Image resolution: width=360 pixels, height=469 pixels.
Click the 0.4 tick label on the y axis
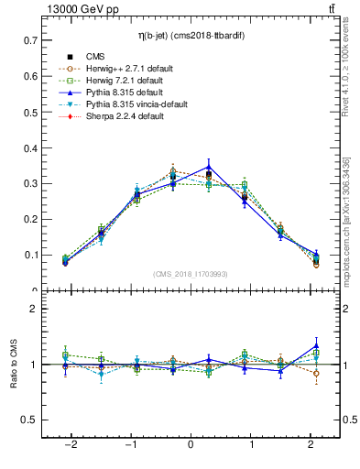[x=29, y=148]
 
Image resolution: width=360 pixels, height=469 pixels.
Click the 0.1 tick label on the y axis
[x=29, y=256]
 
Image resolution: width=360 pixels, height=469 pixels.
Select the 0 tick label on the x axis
[x=191, y=445]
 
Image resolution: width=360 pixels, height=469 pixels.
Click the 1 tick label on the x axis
[x=249, y=445]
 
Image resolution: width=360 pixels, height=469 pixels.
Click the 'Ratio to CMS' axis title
[x=14, y=364]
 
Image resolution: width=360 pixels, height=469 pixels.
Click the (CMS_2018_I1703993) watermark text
[x=191, y=274]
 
